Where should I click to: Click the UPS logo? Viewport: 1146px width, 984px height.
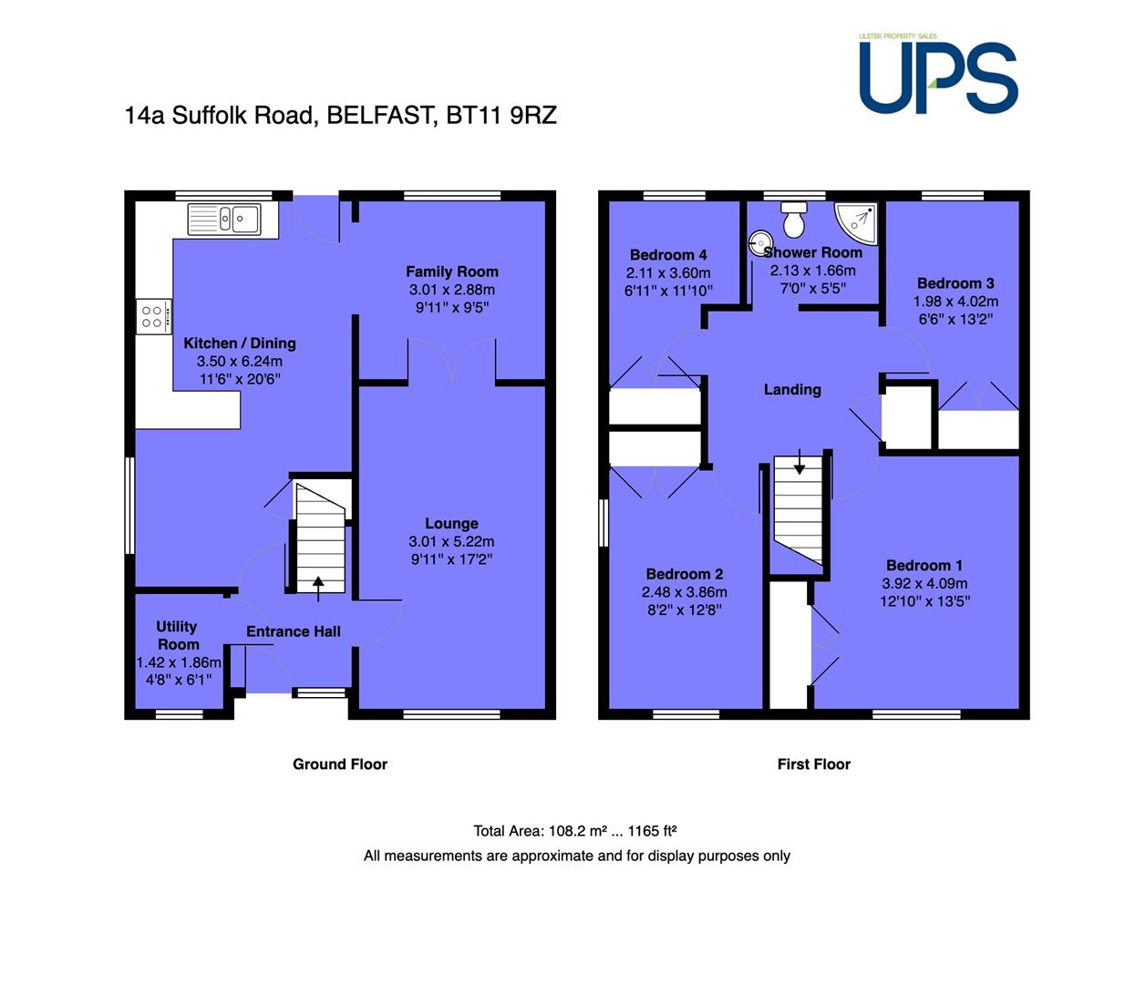coord(938,74)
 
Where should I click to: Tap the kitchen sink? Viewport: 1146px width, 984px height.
coord(224,220)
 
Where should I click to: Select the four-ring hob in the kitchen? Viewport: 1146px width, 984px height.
coord(153,316)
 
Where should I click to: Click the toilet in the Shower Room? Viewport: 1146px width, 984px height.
coord(794,220)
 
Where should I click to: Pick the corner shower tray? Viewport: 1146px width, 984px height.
coord(857,223)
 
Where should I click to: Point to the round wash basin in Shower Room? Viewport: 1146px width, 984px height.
coord(760,243)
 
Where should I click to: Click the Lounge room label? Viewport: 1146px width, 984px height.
coord(451,524)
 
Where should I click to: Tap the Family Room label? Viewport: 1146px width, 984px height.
coord(452,272)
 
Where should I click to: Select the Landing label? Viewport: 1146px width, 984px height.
coord(792,390)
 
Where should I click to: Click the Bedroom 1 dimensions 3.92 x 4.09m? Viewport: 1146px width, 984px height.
coord(924,583)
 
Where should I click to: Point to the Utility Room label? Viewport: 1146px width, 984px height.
coord(178,636)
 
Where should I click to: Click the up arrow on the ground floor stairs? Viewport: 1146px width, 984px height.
coord(318,589)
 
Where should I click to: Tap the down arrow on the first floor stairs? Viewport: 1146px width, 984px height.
coord(799,462)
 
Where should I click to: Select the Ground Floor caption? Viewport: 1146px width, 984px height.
coord(340,764)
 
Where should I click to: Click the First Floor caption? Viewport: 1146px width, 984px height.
coord(814,764)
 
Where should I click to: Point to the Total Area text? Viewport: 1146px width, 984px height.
coord(575,831)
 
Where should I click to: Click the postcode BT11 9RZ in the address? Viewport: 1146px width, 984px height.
coord(501,115)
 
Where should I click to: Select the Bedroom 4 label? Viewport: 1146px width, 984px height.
coord(668,255)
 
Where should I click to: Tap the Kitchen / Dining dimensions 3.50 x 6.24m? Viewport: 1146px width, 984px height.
coord(240,361)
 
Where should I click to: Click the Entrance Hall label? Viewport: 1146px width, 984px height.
coord(294,631)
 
